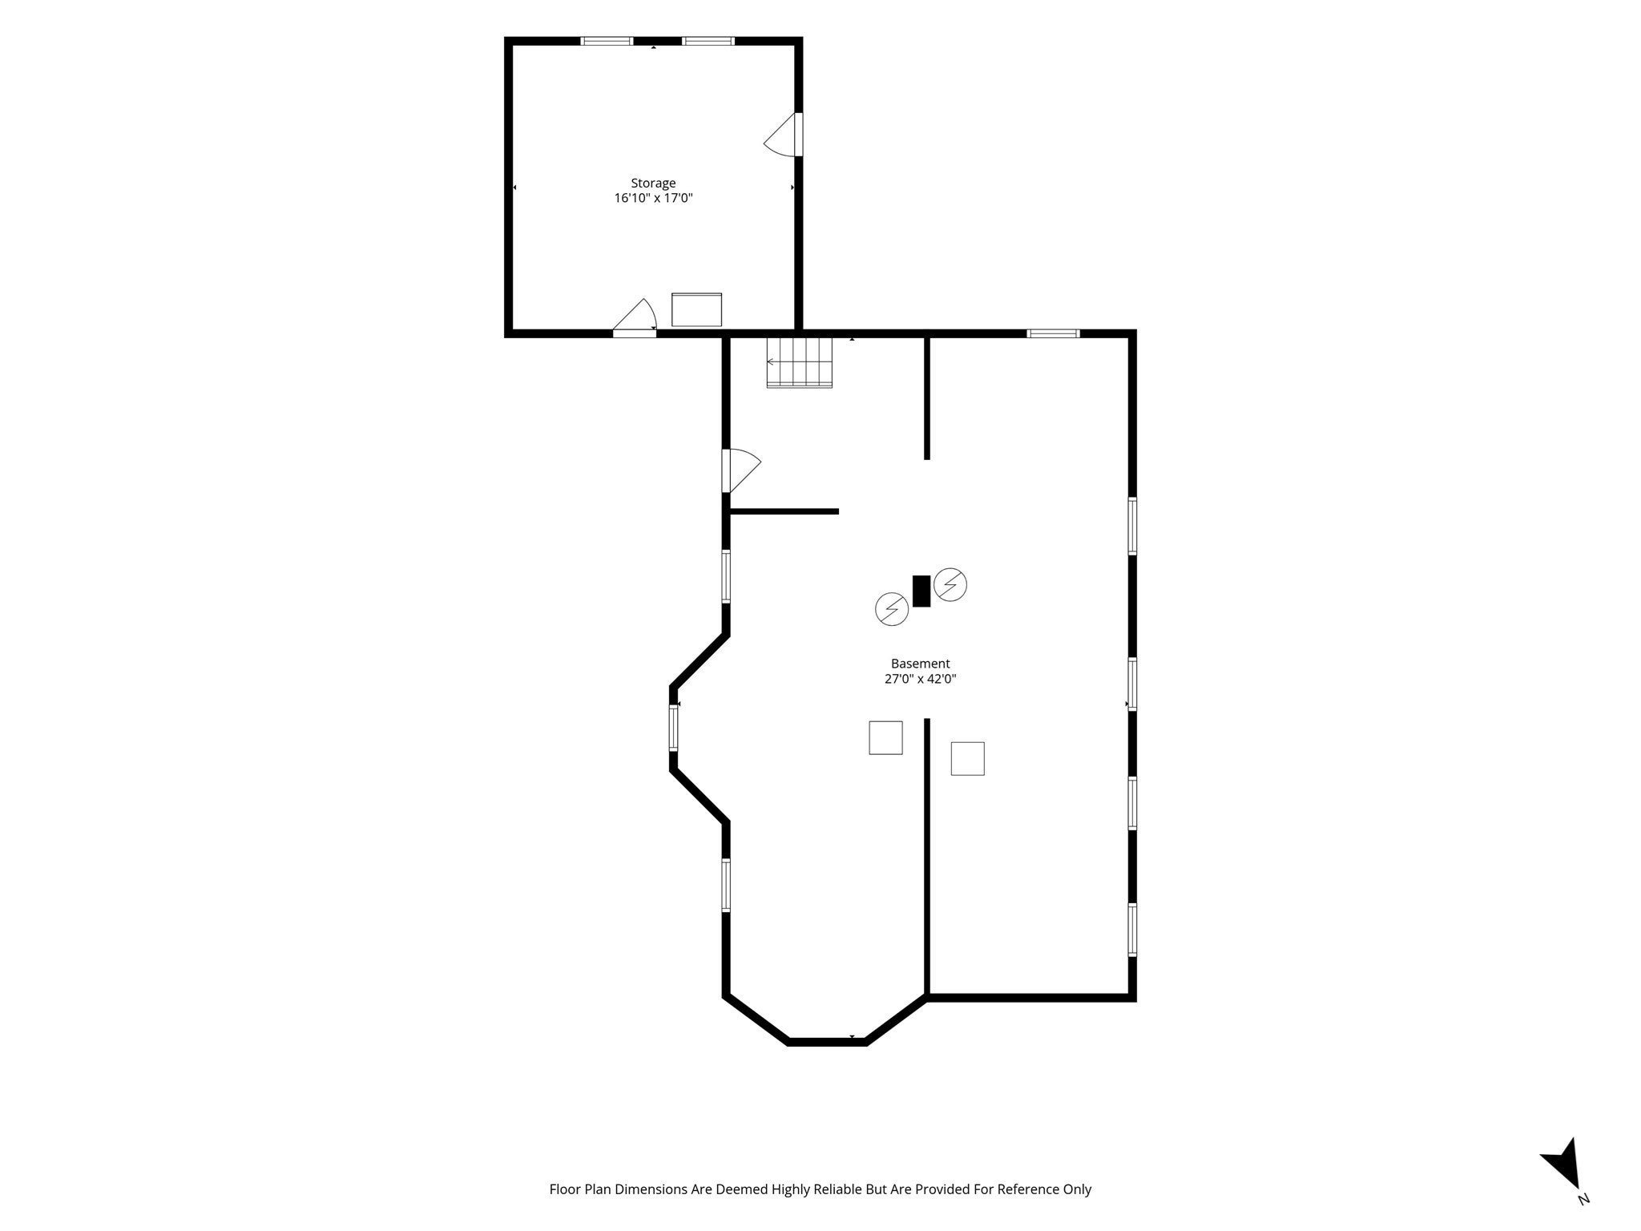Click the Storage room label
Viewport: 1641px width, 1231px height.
pyautogui.click(x=653, y=184)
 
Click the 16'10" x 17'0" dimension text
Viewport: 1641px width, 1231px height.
pyautogui.click(x=653, y=198)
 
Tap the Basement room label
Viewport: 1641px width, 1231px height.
pyautogui.click(x=921, y=664)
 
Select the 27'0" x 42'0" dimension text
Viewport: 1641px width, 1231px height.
pyautogui.click(x=921, y=679)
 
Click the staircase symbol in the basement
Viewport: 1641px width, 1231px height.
pyautogui.click(x=800, y=362)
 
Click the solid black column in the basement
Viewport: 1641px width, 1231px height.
pyautogui.click(x=921, y=591)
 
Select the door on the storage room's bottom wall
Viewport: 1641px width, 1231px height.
pyautogui.click(x=635, y=317)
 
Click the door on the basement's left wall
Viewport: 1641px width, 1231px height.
pyautogui.click(x=741, y=470)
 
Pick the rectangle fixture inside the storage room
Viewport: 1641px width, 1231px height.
pyautogui.click(x=696, y=309)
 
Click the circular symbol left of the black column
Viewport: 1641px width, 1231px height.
pyautogui.click(x=892, y=609)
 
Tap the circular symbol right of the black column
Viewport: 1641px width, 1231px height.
pyautogui.click(x=950, y=584)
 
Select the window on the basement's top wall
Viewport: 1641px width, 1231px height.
pyautogui.click(x=1054, y=333)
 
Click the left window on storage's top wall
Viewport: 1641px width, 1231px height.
pyautogui.click(x=607, y=41)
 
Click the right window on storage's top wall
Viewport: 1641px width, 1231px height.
pyautogui.click(x=708, y=41)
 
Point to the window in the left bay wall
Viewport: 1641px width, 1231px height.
pyautogui.click(x=674, y=727)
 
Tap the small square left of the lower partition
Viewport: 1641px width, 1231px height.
pyautogui.click(x=885, y=737)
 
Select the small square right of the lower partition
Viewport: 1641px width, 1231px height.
pyautogui.click(x=967, y=758)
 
